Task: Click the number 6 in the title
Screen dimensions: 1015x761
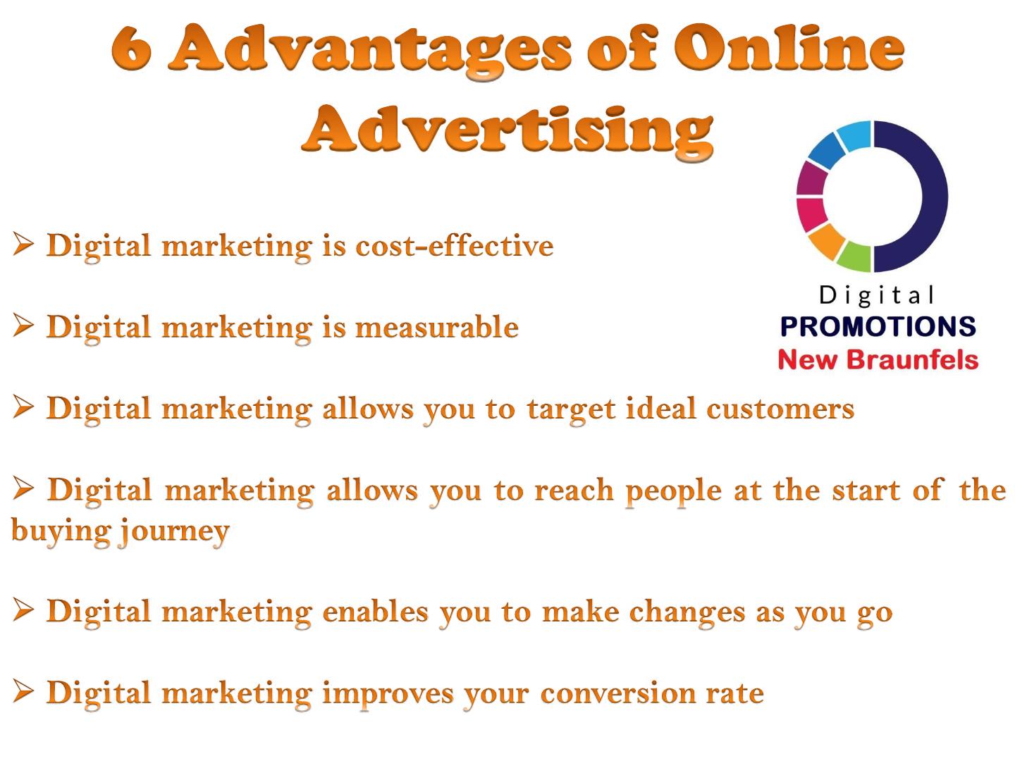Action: pyautogui.click(x=131, y=49)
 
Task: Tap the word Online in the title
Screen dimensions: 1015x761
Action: pyautogui.click(x=789, y=47)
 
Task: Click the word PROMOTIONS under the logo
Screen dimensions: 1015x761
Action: pyautogui.click(x=878, y=326)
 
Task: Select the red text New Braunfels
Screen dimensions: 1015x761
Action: pyautogui.click(x=878, y=359)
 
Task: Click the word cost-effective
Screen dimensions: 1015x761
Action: pyautogui.click(x=454, y=245)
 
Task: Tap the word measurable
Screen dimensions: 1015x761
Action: pyautogui.click(x=436, y=327)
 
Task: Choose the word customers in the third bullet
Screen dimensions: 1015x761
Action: pyautogui.click(x=780, y=409)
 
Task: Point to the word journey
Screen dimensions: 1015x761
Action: pyautogui.click(x=173, y=532)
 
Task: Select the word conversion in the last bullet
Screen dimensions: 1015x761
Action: pyautogui.click(x=617, y=693)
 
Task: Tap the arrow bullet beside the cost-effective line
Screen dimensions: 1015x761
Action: pyautogui.click(x=23, y=244)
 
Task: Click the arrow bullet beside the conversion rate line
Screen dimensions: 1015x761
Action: pyautogui.click(x=23, y=692)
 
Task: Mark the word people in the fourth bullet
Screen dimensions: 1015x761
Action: pyautogui.click(x=674, y=491)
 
